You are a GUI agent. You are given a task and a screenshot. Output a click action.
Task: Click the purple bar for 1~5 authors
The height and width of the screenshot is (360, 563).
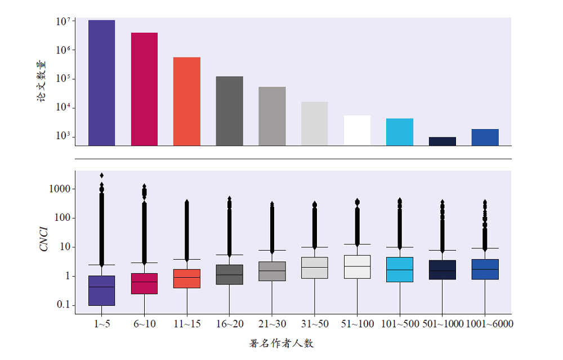[x=101, y=83]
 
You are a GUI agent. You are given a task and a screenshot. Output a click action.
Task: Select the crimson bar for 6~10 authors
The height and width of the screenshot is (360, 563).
[x=144, y=89]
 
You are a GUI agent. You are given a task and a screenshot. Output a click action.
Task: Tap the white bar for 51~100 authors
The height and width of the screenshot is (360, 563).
[x=357, y=130]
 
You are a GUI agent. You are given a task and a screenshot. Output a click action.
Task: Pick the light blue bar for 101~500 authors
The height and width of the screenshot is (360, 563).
[x=400, y=132]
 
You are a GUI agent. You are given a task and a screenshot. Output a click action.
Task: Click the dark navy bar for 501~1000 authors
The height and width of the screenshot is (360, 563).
[x=442, y=141]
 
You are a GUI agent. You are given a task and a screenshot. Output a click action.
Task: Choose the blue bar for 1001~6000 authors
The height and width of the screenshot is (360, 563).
[x=485, y=137]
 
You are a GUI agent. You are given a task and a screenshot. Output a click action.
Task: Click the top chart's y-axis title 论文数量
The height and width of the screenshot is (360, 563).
[x=42, y=81]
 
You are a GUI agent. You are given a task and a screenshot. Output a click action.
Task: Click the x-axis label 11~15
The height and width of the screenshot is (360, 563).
[x=187, y=324]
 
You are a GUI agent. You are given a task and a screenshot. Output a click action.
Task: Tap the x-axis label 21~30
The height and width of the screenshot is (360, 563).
[x=272, y=324]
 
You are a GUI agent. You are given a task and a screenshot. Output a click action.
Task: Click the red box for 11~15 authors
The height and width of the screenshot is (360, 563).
[x=187, y=279]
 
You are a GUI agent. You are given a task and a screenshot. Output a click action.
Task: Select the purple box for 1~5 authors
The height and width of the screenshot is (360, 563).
[x=101, y=291]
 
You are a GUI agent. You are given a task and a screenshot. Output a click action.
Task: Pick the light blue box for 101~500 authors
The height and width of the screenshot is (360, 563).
[x=400, y=269]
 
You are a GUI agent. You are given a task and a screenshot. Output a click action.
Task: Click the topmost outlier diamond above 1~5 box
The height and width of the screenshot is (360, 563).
[x=101, y=175]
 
